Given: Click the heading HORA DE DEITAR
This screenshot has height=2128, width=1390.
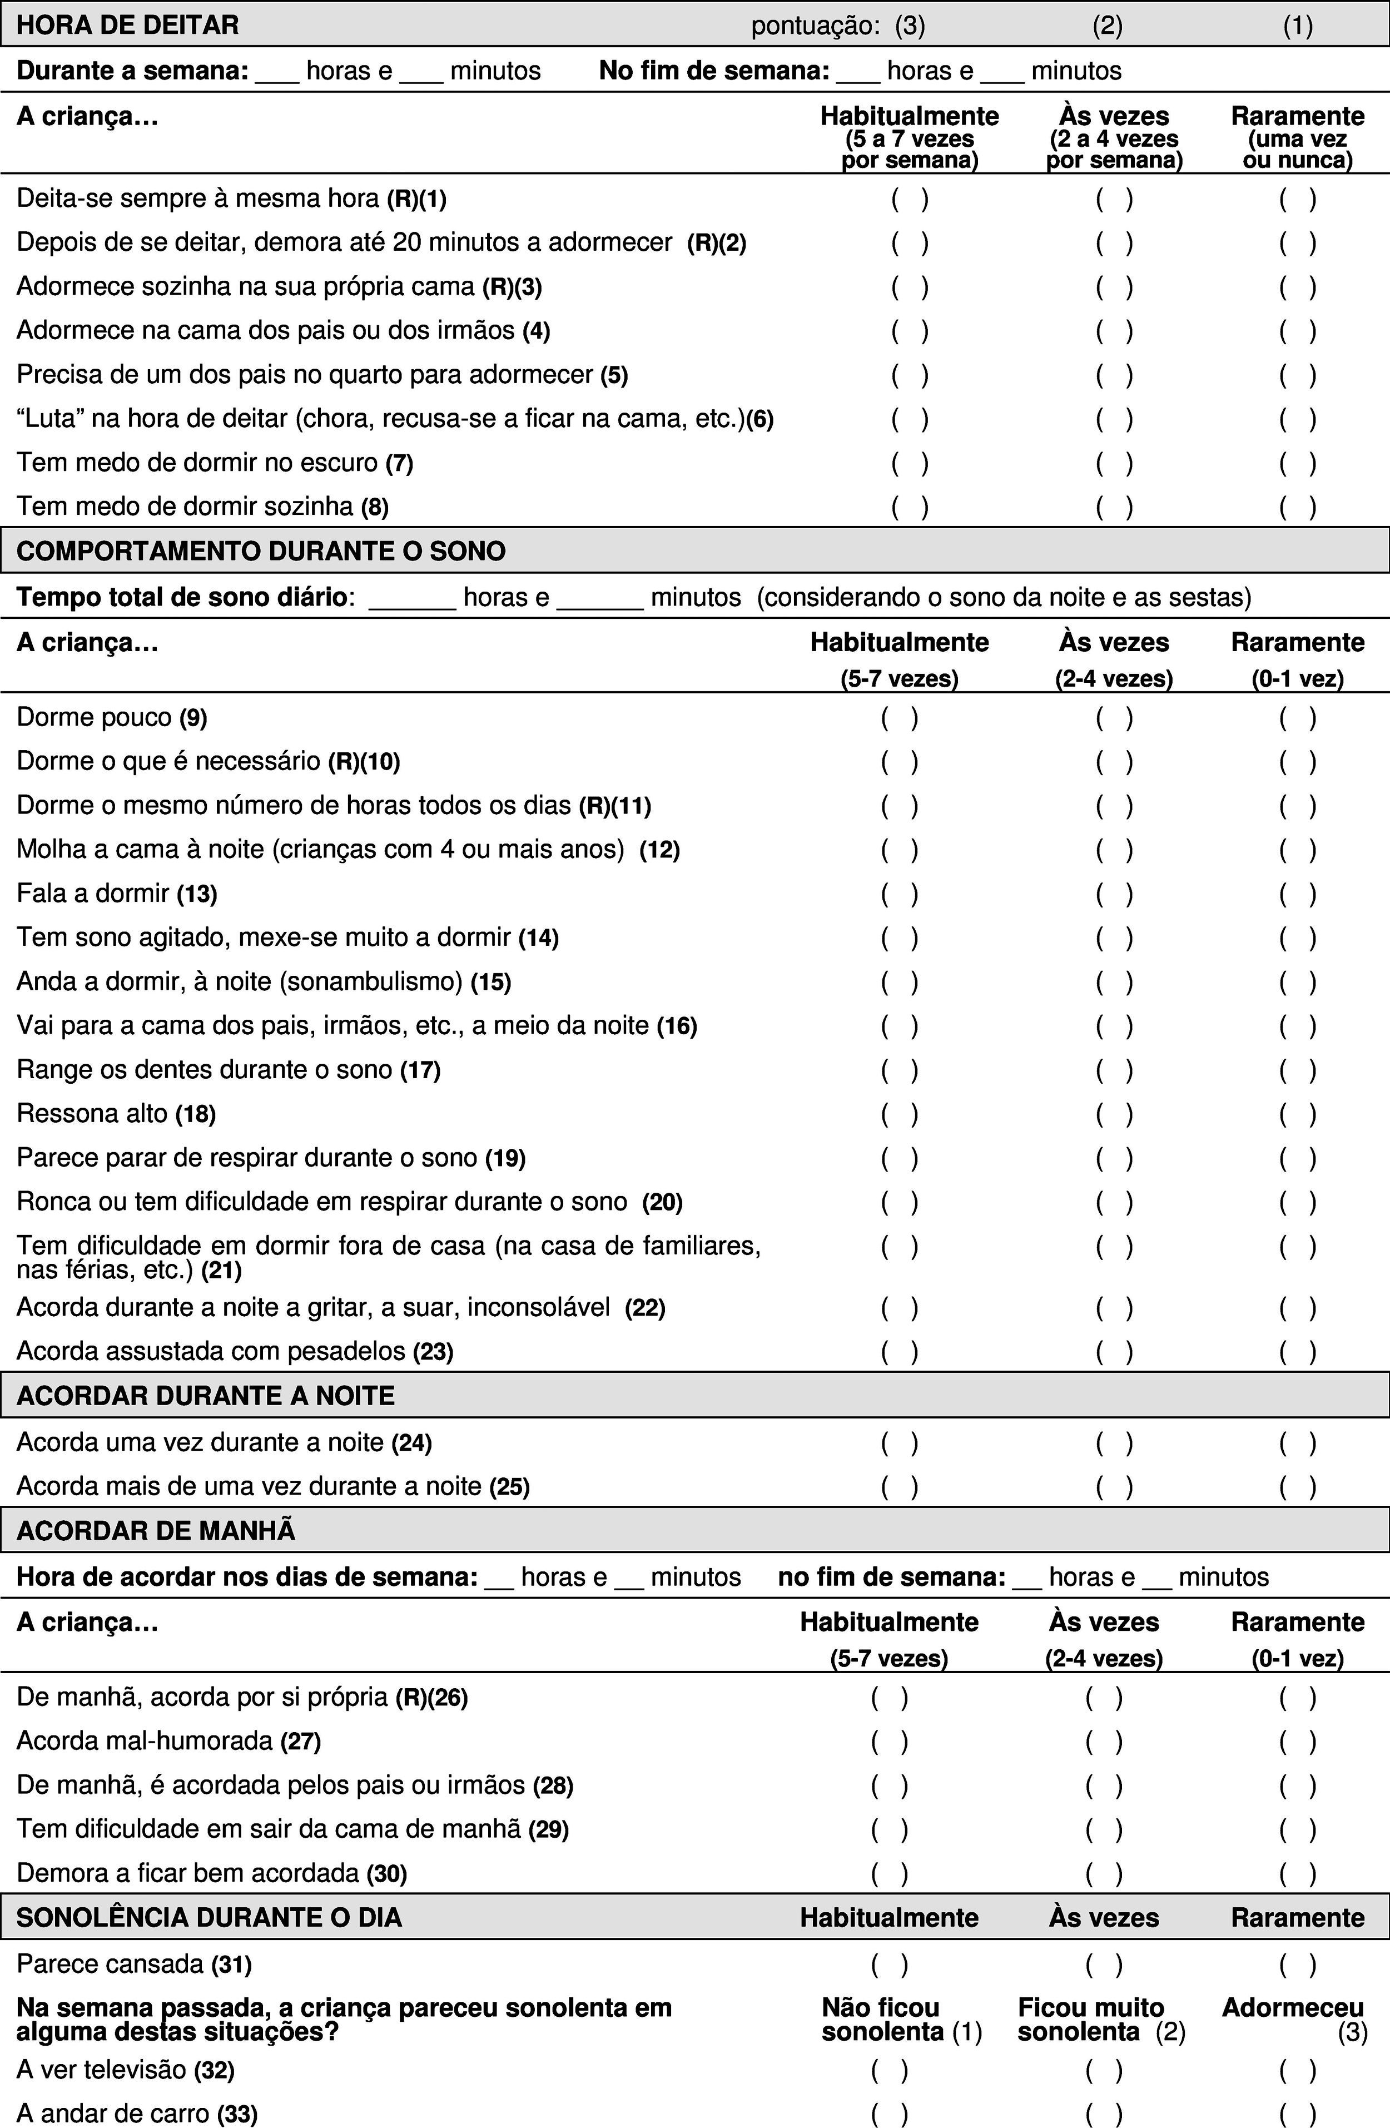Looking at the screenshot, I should [x=128, y=25].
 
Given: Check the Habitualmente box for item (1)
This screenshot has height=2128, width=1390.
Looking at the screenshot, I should [x=909, y=199].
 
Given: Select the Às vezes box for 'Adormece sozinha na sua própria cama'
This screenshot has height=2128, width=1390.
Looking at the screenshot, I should [x=1114, y=287].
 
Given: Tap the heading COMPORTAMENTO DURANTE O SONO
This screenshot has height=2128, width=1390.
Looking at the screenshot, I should [x=261, y=551].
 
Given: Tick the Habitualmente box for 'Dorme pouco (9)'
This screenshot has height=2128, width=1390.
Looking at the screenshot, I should [x=899, y=718].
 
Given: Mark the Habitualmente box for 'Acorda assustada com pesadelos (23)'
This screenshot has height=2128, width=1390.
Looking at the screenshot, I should [x=899, y=1352].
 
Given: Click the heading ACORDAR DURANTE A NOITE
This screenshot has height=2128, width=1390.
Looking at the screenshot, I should [x=206, y=1397].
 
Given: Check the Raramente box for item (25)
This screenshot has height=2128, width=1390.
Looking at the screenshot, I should [x=1297, y=1487].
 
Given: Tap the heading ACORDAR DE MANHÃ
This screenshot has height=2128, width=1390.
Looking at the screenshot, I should [x=156, y=1531].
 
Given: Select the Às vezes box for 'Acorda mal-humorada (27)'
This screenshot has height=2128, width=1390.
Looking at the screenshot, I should [x=1104, y=1742].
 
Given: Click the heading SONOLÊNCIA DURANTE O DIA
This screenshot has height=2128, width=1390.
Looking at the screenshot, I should [x=209, y=1918].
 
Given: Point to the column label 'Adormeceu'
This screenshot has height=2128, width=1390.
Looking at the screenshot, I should [x=1293, y=2008].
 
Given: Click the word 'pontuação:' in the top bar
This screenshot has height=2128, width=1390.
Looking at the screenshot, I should [x=815, y=26].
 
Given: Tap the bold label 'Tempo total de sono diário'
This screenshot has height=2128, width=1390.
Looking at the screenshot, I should [x=181, y=597].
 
